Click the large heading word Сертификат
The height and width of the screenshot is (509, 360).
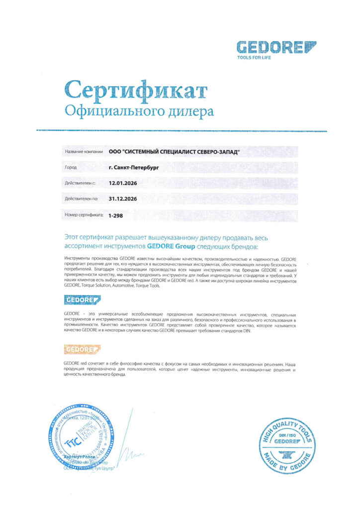[136, 90]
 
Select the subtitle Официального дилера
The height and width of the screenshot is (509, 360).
[139, 111]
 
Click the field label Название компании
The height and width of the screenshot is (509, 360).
[84, 152]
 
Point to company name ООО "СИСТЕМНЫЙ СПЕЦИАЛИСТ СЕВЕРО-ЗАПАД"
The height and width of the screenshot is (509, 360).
[174, 152]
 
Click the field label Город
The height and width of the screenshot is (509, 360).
[71, 168]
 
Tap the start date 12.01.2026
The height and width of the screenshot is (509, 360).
[123, 183]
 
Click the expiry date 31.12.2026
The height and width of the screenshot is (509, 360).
[123, 199]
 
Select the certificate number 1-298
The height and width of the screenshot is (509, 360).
[115, 216]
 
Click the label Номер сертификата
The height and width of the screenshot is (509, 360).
[84, 216]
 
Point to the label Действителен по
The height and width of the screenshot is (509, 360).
[82, 199]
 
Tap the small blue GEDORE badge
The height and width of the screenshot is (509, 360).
[83, 299]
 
